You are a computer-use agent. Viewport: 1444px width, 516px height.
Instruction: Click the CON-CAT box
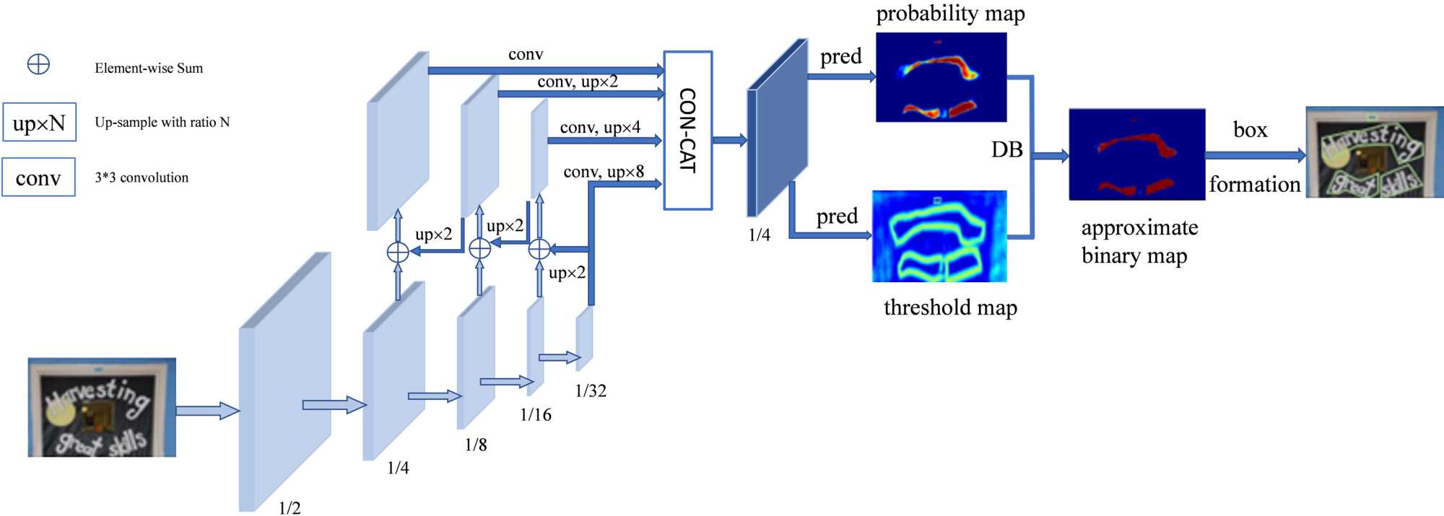pos(687,131)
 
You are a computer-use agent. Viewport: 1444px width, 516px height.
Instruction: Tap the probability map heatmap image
pos(941,77)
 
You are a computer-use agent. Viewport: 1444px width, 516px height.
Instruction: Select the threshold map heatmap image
pos(939,236)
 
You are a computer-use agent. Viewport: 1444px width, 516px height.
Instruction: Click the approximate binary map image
pos(1137,154)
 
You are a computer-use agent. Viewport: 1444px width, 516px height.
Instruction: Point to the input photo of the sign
pos(102,407)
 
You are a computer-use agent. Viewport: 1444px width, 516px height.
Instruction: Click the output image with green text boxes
pos(1374,152)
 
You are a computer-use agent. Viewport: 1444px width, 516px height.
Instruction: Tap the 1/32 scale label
pos(591,391)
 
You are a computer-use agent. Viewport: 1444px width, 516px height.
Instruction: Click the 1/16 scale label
pos(535,415)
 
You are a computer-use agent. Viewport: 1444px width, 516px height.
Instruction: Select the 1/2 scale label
pos(290,508)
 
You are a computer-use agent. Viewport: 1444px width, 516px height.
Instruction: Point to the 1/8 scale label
pos(476,445)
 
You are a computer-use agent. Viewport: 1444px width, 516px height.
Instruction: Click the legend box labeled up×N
pos(39,123)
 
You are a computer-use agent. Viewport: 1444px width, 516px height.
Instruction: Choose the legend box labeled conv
pos(38,178)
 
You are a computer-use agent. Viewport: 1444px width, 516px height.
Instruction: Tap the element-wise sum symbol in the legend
pos(38,65)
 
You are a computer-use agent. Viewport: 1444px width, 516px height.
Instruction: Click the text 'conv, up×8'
pos(604,172)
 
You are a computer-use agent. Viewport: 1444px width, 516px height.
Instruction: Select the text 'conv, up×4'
pos(600,128)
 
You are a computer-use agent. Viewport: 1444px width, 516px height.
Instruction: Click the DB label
pos(1006,150)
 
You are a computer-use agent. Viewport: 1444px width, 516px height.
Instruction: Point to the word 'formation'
pos(1255,185)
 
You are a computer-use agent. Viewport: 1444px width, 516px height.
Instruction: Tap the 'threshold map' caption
pos(950,308)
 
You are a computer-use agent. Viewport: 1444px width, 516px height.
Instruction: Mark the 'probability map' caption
pos(950,14)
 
